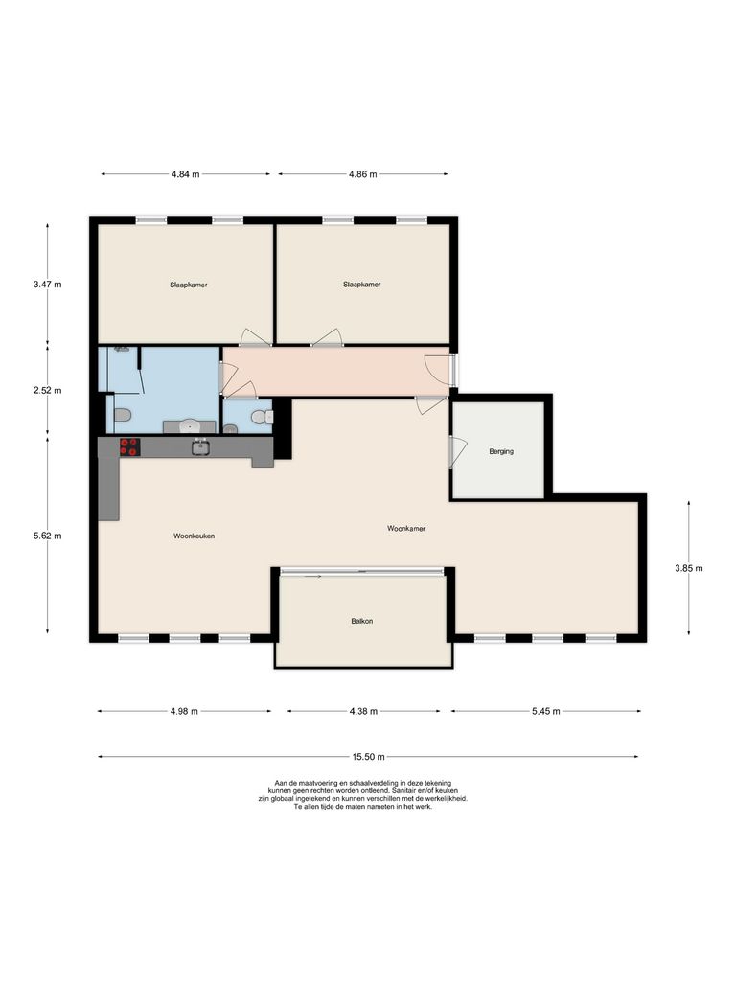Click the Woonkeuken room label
click(194, 536)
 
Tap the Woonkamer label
click(406, 528)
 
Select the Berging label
click(501, 451)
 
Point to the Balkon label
click(361, 622)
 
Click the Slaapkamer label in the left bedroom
click(189, 285)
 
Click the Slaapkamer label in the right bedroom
click(361, 285)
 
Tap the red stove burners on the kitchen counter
click(128, 446)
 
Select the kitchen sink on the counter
click(201, 446)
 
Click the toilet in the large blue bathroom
click(122, 416)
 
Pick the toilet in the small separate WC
click(259, 418)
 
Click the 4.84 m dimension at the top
click(186, 174)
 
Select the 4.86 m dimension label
click(362, 174)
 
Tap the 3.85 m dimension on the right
click(688, 568)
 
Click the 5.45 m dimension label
click(544, 711)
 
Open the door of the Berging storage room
click(457, 451)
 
